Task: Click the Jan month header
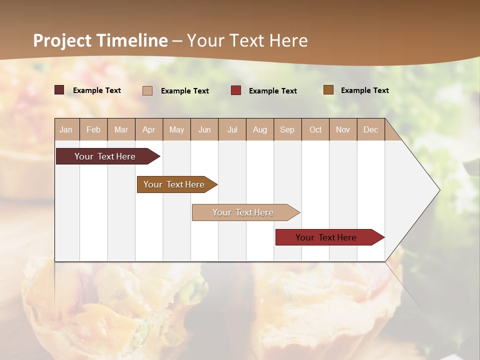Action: click(66, 129)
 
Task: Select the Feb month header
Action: click(93, 129)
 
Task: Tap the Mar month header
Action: click(121, 129)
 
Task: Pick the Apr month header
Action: click(148, 129)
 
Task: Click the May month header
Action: click(176, 129)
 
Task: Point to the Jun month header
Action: click(204, 129)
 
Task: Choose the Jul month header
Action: click(232, 129)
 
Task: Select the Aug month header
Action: click(259, 129)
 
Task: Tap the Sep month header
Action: click(287, 129)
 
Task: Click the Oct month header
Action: click(315, 129)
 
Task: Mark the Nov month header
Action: click(342, 129)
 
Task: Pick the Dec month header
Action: click(370, 129)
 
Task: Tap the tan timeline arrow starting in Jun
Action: click(243, 212)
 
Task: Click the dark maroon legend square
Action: click(59, 90)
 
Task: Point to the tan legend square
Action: click(147, 90)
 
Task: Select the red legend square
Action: click(236, 90)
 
